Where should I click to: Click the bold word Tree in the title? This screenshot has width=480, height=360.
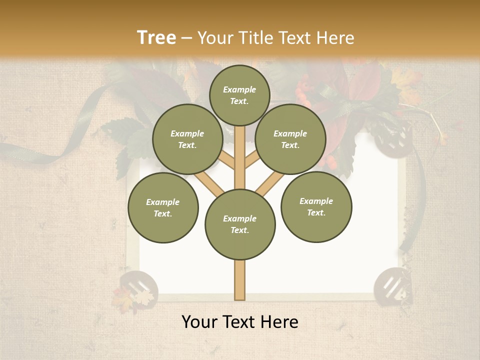coord(156,38)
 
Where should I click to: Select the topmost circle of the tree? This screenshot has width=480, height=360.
coord(239,95)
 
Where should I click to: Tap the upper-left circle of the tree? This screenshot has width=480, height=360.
coord(187,139)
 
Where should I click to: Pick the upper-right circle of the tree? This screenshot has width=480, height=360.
coord(290,139)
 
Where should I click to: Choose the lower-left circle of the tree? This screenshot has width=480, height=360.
coord(163,207)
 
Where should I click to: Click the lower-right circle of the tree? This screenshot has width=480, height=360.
coord(316,207)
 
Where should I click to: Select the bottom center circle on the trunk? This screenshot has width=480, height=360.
coord(240,224)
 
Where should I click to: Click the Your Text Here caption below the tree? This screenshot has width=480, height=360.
coord(240,322)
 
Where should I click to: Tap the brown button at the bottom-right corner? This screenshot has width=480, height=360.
coord(392,285)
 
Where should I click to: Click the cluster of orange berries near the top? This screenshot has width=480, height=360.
coord(303,90)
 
